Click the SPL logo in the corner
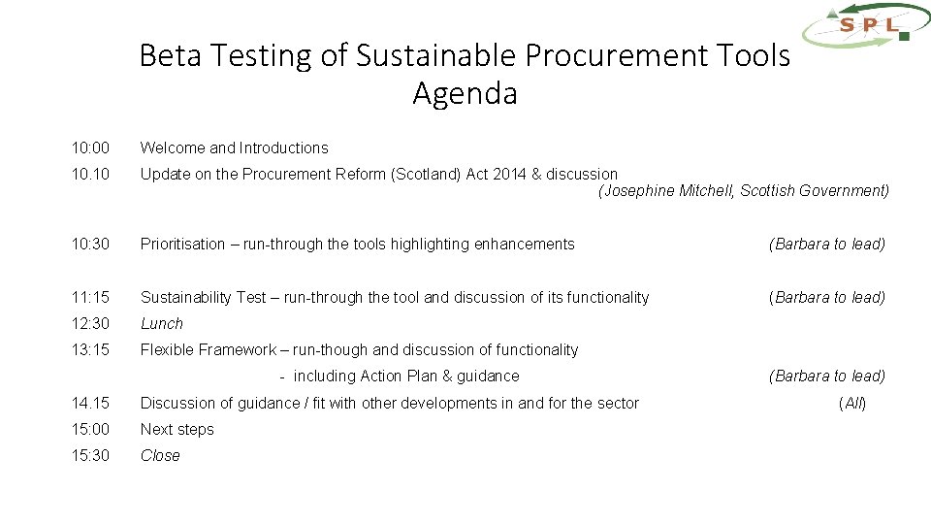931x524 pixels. (866, 24)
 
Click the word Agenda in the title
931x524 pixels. (465, 94)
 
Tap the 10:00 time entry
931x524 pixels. (90, 148)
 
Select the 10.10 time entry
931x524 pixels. (90, 175)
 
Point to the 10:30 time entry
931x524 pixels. (90, 245)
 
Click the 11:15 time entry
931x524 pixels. (90, 298)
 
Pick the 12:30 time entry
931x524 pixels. (90, 324)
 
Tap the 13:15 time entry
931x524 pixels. (90, 350)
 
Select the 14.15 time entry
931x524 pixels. (90, 404)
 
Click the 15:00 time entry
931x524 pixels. (90, 430)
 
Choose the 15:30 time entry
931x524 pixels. (90, 456)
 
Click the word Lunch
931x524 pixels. (162, 324)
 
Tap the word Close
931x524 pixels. (160, 456)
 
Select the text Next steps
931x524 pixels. (177, 430)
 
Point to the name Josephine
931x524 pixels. (639, 191)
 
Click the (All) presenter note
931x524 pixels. (852, 404)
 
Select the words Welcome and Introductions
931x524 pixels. (235, 148)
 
